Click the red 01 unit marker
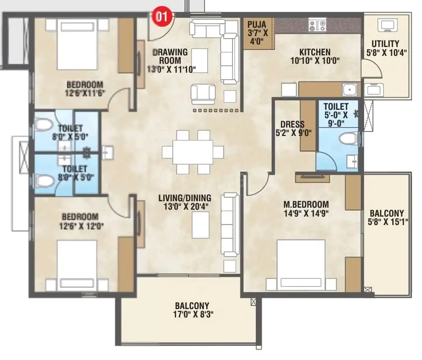pos(162,16)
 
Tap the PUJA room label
pos(256,25)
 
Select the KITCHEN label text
pos(315,52)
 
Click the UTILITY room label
pos(385,44)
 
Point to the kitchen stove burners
pos(317,25)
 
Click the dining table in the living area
pos(193,152)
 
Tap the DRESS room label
pos(292,124)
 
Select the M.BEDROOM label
pos(306,205)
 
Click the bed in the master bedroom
pos(301,265)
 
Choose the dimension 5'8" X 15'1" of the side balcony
pos(388,222)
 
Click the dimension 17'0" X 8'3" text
pos(193,315)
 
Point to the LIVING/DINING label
pos(185,198)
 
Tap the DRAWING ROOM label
pos(170,56)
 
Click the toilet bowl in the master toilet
pos(347,139)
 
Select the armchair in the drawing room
pos(203,94)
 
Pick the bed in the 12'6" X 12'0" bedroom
pos(77,265)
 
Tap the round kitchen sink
pos(350,90)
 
